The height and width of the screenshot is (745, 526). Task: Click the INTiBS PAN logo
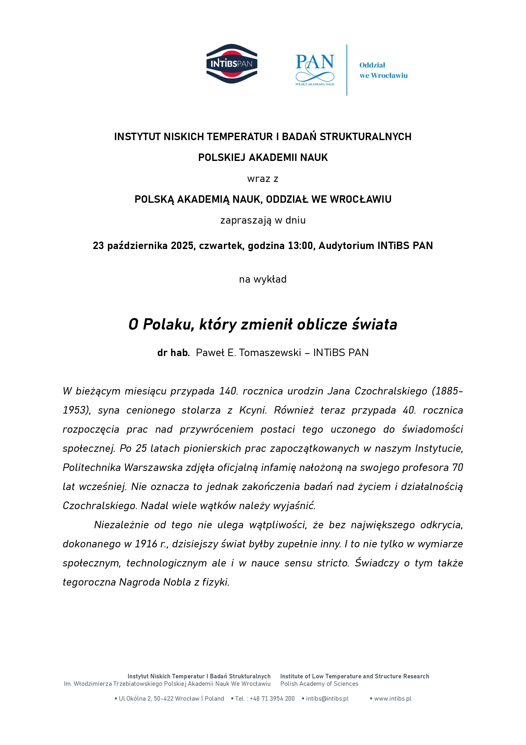[232, 64]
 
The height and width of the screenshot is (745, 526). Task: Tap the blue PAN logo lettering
[314, 62]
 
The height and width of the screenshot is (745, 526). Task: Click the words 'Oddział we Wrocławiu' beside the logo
[383, 70]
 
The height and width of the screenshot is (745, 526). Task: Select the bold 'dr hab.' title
[173, 352]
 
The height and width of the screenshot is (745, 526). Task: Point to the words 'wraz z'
[263, 179]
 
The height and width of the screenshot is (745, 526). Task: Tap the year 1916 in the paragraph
[146, 544]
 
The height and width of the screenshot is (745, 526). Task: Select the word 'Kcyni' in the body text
[253, 410]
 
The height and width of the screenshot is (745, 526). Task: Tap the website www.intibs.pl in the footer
[392, 699]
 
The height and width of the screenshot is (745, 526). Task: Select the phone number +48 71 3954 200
[272, 699]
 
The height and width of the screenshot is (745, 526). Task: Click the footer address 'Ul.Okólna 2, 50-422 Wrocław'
[159, 699]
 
